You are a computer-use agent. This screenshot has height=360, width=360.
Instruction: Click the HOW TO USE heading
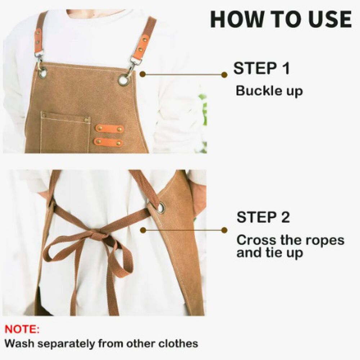[x=281, y=19]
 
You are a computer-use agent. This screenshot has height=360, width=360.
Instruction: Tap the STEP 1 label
[x=261, y=68]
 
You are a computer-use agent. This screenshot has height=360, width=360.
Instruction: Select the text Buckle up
[x=269, y=91]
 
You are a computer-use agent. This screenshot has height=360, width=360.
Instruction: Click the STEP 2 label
[x=263, y=217]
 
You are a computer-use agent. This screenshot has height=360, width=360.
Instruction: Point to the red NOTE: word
[x=22, y=329]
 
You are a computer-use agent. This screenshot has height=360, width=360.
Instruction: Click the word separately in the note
[x=66, y=344]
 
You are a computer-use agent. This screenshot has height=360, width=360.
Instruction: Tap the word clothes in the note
[x=178, y=344]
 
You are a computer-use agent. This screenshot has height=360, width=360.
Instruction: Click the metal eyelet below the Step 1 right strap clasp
[x=124, y=80]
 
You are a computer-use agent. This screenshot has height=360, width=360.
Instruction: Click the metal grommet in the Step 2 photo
[x=161, y=208]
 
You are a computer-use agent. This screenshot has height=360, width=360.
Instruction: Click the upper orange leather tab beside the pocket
[x=110, y=129]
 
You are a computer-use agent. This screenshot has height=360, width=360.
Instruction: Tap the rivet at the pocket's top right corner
[x=86, y=120]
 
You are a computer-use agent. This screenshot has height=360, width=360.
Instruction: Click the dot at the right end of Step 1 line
[x=224, y=75]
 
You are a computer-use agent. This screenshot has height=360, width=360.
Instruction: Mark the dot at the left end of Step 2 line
[x=143, y=230]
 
